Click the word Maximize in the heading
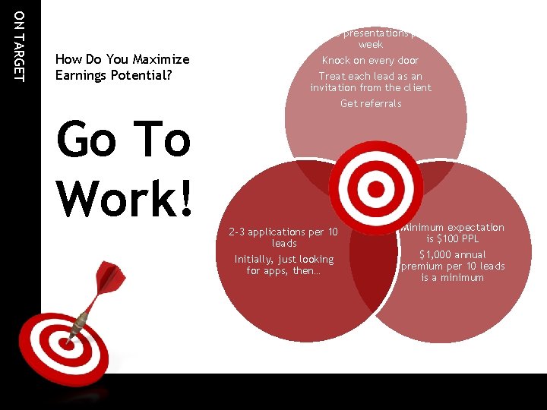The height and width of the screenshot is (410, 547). (x=162, y=59)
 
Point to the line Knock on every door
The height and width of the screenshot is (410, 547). (x=370, y=60)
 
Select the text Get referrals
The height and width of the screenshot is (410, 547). (x=371, y=103)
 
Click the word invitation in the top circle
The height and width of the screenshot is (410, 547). (x=340, y=87)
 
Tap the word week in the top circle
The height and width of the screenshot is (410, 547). (x=371, y=45)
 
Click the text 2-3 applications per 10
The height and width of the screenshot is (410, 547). (x=283, y=231)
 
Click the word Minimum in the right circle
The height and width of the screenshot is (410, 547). (x=424, y=227)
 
